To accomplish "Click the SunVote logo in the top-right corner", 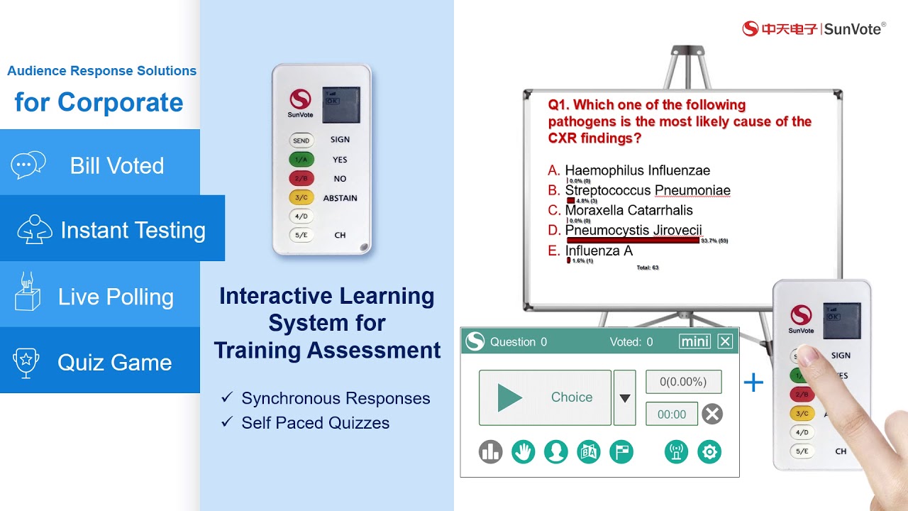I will [x=814, y=28].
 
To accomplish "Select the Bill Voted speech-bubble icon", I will [x=28, y=165].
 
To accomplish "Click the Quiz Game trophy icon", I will [x=26, y=362].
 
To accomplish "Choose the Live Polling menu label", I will [x=116, y=297].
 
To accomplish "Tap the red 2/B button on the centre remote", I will [x=301, y=179].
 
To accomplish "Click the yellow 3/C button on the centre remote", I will [x=301, y=198].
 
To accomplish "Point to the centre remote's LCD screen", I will [x=340, y=105].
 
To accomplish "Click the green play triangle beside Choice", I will [x=509, y=397].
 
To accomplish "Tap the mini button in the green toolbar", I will [x=694, y=341].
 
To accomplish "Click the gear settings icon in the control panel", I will [x=709, y=452].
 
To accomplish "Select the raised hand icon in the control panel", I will [x=524, y=452].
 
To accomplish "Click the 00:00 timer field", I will [x=672, y=414].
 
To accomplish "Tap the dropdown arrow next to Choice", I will [x=624, y=398].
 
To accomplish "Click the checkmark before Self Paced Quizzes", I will [x=227, y=422].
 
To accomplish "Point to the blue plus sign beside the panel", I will [x=753, y=383].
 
